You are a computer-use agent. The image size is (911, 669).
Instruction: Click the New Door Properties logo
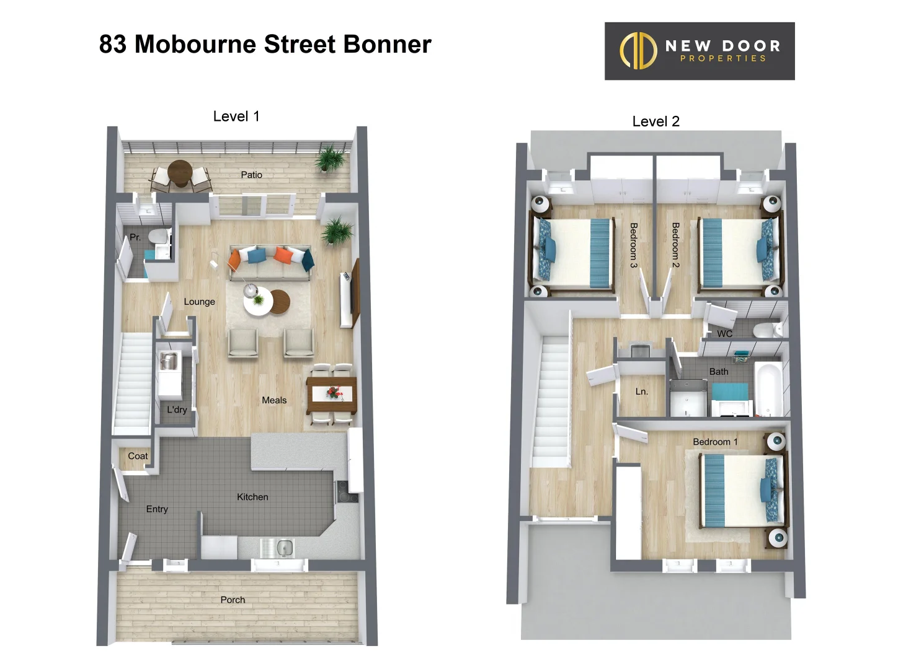[699, 51]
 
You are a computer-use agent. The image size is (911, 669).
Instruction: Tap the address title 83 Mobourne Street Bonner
[265, 45]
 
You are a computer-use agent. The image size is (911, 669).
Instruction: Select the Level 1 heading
[236, 116]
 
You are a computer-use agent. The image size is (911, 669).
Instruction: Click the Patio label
[251, 175]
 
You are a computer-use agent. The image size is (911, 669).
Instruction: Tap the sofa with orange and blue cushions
[270, 263]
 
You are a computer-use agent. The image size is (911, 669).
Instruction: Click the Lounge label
[199, 302]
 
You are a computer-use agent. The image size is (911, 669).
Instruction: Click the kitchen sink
[284, 548]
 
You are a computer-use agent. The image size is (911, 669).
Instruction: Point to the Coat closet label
[138, 456]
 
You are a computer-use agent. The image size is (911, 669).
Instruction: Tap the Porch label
[233, 600]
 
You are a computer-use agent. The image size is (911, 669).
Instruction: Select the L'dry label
[177, 409]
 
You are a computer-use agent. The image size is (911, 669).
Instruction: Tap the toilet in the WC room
[767, 330]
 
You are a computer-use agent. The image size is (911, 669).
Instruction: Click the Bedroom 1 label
[715, 442]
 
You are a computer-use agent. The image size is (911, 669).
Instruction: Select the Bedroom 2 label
[675, 245]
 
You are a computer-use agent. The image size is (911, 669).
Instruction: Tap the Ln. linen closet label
[641, 391]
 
